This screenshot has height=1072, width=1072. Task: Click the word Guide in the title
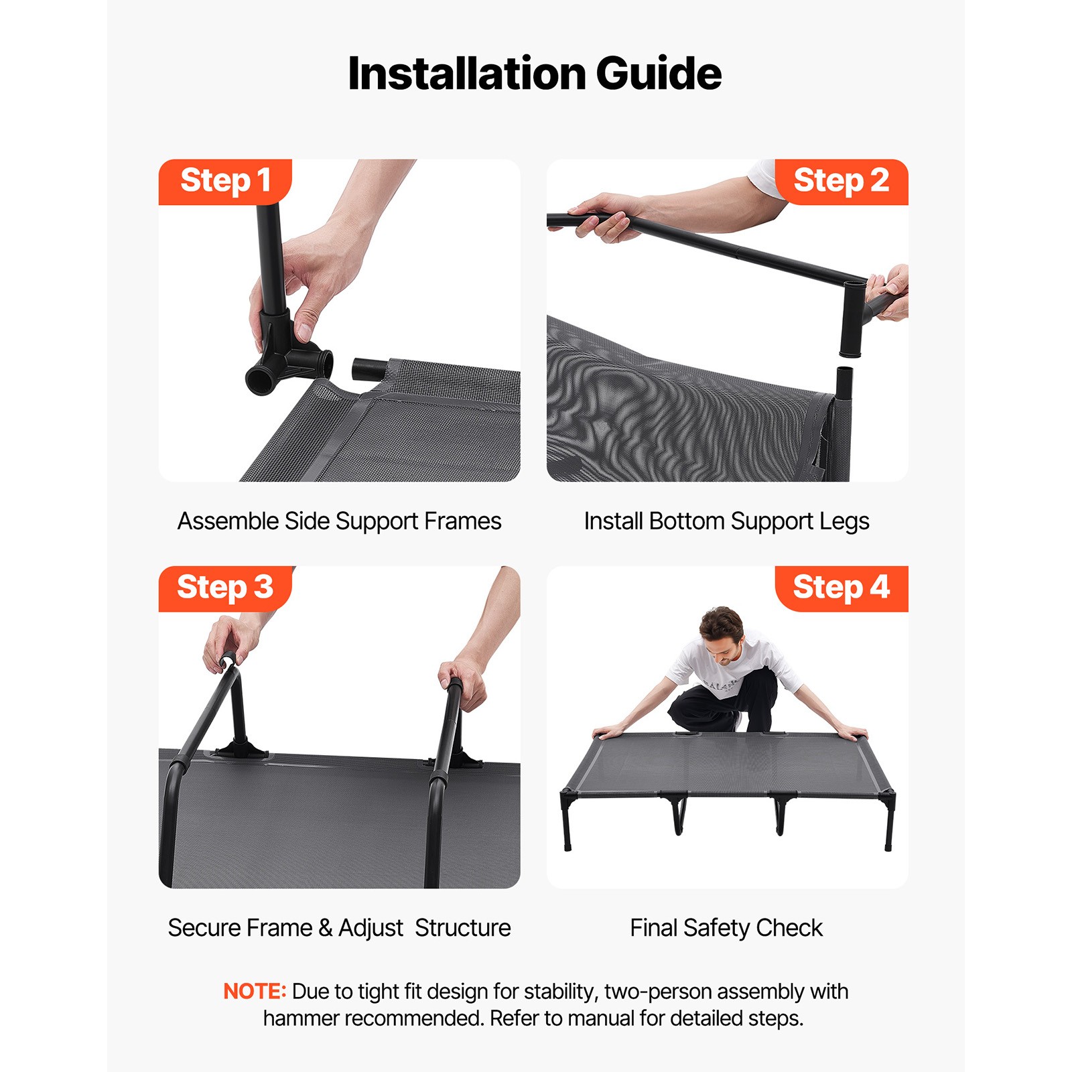click(x=658, y=74)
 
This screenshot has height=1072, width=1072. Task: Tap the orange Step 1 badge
click(x=225, y=182)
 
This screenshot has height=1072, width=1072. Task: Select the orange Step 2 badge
click(x=841, y=182)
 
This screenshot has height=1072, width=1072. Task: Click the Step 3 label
click(x=225, y=588)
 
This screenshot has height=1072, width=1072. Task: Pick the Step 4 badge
click(x=841, y=588)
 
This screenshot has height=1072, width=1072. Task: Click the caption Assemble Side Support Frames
click(x=339, y=521)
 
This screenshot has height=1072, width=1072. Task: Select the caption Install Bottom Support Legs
click(x=726, y=521)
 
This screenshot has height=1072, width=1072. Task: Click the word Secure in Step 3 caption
click(x=204, y=928)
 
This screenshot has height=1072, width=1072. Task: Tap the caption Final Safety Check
click(x=726, y=928)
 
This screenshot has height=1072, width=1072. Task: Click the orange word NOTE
click(x=254, y=992)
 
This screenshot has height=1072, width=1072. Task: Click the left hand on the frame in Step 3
click(x=231, y=643)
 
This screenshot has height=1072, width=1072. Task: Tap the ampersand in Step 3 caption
click(x=326, y=928)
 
